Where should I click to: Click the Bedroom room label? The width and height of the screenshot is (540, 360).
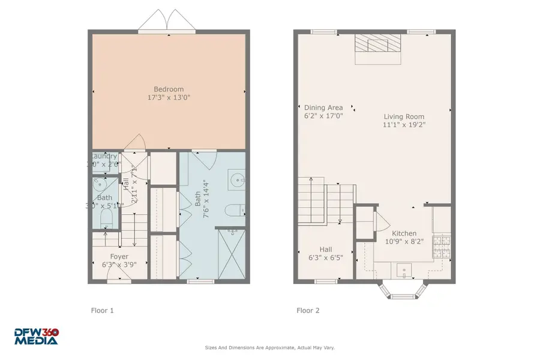pyautogui.click(x=169, y=89)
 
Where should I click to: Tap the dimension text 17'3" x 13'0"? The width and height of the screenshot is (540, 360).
pyautogui.click(x=169, y=97)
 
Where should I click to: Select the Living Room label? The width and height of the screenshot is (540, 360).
pyautogui.click(x=404, y=117)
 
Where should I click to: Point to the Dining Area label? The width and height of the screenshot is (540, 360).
pyautogui.click(x=323, y=108)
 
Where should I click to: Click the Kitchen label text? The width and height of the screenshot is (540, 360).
pyautogui.click(x=404, y=234)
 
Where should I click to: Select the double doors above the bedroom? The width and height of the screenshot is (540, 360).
pyautogui.click(x=168, y=19)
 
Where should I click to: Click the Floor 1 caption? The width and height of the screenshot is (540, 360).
pyautogui.click(x=102, y=311)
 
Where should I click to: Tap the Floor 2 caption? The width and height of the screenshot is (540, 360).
pyautogui.click(x=308, y=311)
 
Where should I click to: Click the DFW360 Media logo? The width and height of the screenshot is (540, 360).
pyautogui.click(x=37, y=337)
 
